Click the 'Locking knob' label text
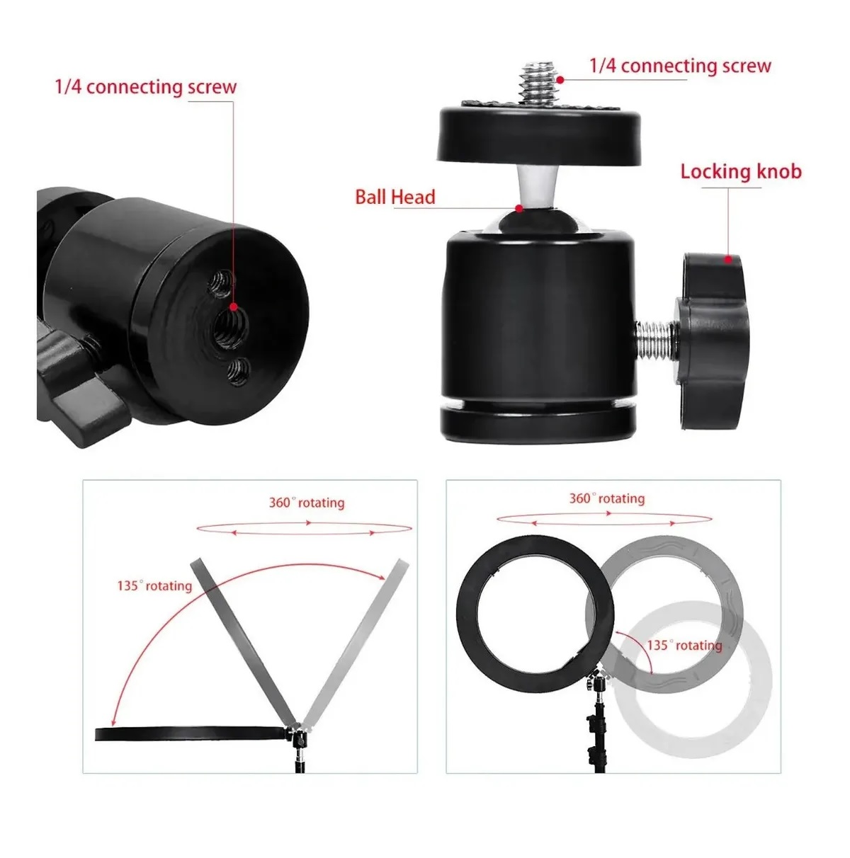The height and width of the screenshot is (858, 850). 740,172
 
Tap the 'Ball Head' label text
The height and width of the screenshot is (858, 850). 395,197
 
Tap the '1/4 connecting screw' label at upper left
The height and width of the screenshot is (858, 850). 146,88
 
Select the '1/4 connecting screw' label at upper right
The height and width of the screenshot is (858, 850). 680,67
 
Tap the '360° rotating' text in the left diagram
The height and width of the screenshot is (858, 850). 306,503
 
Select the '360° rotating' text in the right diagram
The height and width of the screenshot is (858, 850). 607,498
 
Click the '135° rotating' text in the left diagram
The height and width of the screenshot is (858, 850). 154,586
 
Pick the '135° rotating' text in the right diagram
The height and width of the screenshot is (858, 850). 684,646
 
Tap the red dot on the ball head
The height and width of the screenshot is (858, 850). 519,208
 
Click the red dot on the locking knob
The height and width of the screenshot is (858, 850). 727,259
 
